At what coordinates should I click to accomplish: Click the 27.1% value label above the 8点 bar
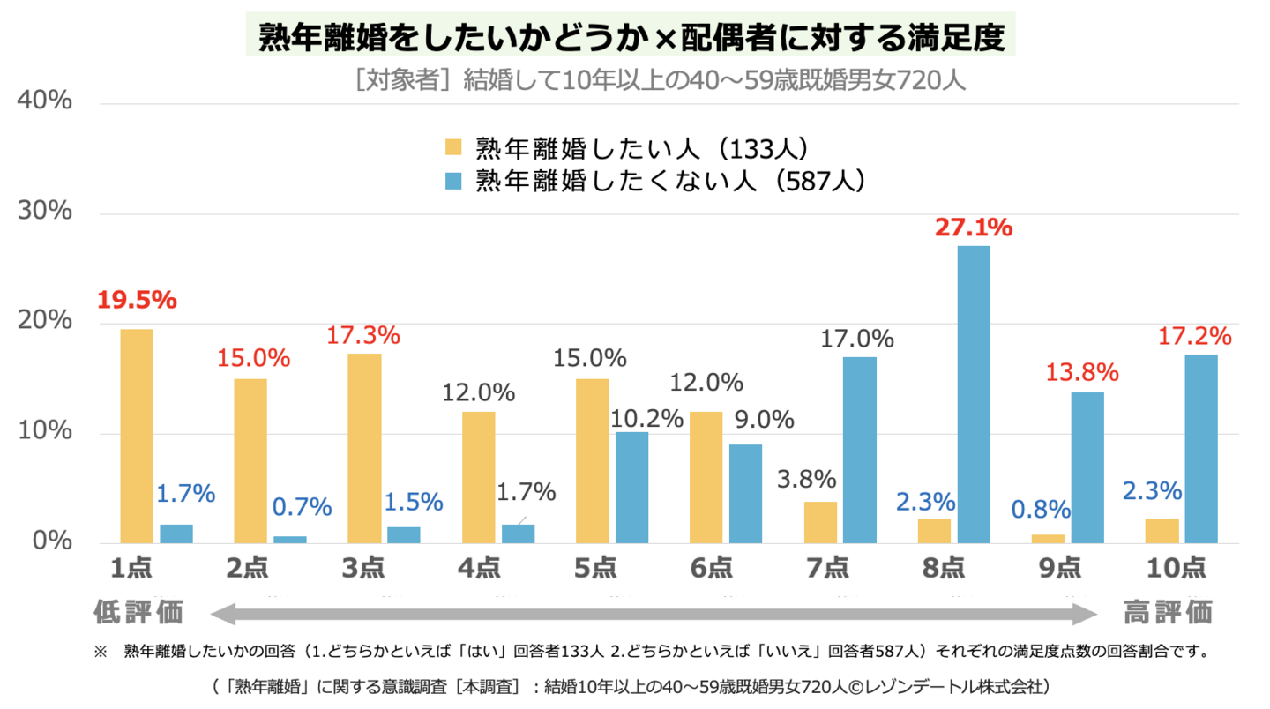point(974,228)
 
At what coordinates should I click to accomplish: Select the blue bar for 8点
point(974,394)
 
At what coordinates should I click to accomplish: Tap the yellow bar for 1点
point(137,436)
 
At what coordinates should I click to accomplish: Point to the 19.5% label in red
point(137,300)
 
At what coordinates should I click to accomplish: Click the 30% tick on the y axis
point(43,212)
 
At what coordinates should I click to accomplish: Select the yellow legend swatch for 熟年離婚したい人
point(454,146)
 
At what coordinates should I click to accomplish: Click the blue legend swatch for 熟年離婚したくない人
point(454,180)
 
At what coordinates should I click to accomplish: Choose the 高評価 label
point(1168,611)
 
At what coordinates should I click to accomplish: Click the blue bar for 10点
point(1200,449)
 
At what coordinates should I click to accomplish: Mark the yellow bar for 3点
point(364,448)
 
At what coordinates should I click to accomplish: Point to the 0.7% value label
point(302,507)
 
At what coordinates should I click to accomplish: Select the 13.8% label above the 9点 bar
point(1082,372)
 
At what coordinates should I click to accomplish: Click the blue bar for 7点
point(860,450)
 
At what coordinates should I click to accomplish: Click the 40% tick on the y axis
point(43,101)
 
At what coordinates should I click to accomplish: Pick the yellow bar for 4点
point(479,477)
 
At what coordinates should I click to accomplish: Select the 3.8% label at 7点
point(806,480)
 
